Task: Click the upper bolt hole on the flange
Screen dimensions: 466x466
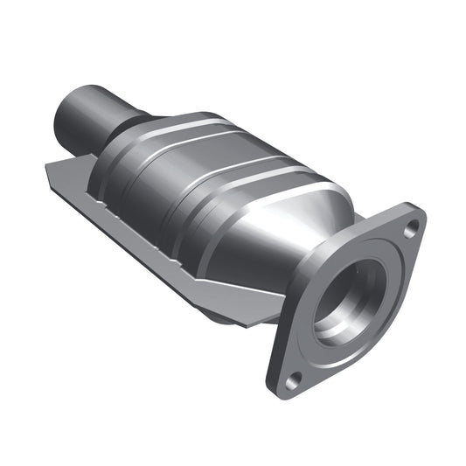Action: [x=413, y=226]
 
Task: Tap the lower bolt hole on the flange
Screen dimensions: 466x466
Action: [x=295, y=379]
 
